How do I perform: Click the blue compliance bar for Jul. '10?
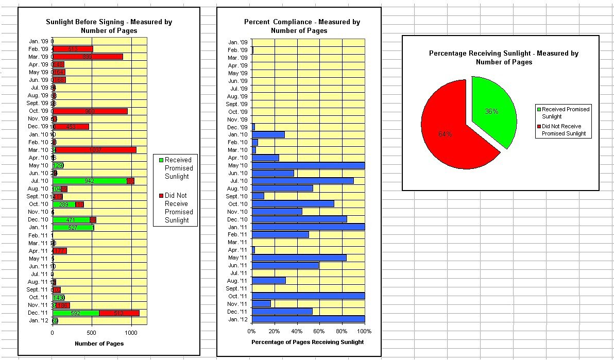coord(302,181)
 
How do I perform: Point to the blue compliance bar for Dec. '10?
coord(299,219)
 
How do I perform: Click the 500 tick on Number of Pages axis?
coord(92,333)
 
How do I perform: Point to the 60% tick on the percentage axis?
coord(319,331)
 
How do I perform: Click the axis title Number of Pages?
coord(99,344)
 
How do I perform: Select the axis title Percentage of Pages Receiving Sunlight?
coord(308,342)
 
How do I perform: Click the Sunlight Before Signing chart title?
coord(109,26)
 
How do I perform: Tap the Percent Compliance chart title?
coord(302,26)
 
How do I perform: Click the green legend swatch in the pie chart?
coord(539,109)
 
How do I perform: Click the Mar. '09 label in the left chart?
coord(38,57)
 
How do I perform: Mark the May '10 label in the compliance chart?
coord(238,166)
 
